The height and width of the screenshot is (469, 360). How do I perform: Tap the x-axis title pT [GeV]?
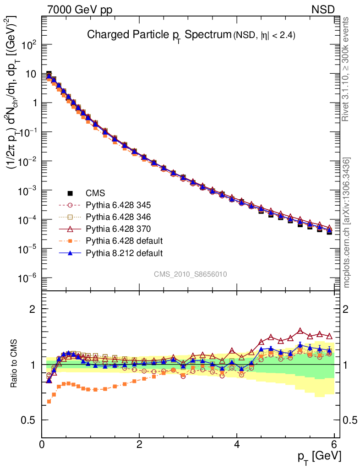pyautogui.click(x=319, y=456)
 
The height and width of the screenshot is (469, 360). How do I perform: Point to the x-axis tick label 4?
pyautogui.click(x=237, y=444)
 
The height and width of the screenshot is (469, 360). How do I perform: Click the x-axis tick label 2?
pyautogui.click(x=139, y=444)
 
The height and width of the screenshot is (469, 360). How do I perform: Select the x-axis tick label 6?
pyautogui.click(x=334, y=444)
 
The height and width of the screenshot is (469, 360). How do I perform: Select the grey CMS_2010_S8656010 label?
pyautogui.click(x=191, y=274)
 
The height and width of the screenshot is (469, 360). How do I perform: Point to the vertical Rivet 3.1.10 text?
pyautogui.click(x=347, y=70)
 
